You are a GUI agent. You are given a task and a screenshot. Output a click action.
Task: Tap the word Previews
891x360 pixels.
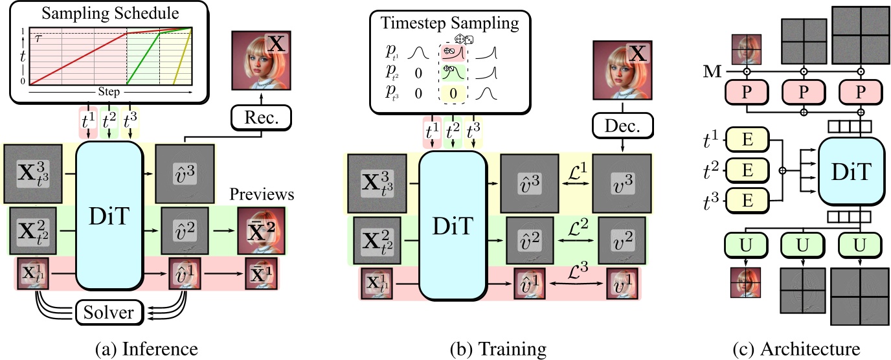(262, 195)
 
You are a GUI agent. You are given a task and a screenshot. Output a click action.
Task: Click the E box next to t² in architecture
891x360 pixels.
(746, 170)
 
